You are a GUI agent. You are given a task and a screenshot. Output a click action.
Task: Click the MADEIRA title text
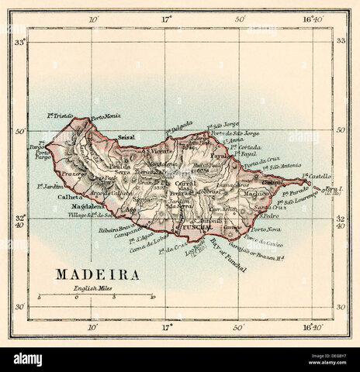coord(97,275)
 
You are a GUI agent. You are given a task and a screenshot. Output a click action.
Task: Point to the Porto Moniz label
coord(106,117)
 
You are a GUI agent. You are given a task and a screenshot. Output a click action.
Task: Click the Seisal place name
coord(126,137)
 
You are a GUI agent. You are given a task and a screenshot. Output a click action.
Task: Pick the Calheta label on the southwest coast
coord(69,197)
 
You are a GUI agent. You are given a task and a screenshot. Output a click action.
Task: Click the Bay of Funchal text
coord(228,255)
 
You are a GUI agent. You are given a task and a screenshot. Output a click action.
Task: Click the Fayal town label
coord(219,156)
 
